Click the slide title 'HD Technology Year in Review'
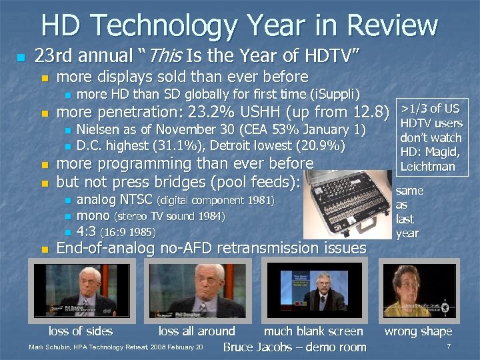[239, 25]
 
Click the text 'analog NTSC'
[115, 199]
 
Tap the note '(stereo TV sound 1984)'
[170, 216]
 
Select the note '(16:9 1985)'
[127, 232]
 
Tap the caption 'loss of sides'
[81, 331]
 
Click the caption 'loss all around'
[197, 331]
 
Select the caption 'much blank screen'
[313, 331]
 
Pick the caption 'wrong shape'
[419, 331]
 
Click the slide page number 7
[449, 347]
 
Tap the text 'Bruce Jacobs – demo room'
[295, 347]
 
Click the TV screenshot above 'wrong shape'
[418, 289]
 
